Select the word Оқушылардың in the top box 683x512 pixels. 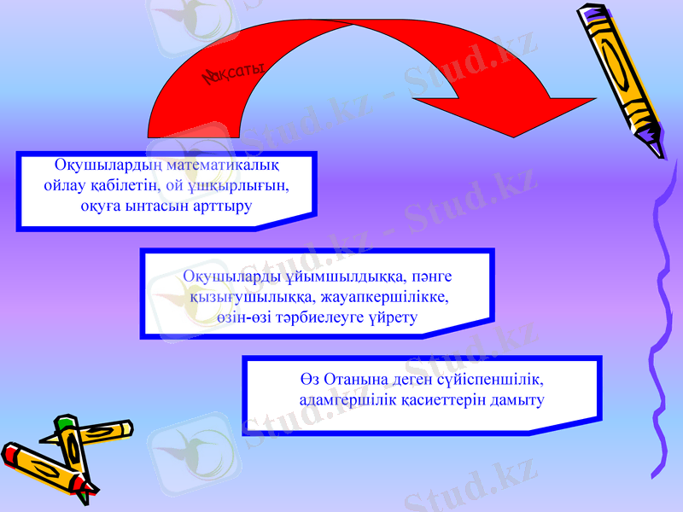point(105,164)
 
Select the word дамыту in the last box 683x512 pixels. point(515,399)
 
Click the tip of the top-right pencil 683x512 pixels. point(659,154)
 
